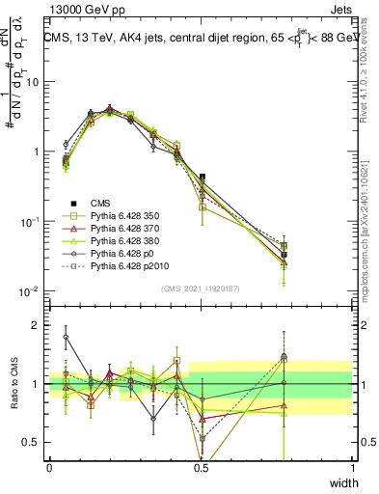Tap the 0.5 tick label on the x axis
[201, 468]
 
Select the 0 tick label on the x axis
[49, 468]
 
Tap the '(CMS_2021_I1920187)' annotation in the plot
[201, 288]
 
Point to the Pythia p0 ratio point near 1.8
[66, 337]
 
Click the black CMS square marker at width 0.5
[202, 178]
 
